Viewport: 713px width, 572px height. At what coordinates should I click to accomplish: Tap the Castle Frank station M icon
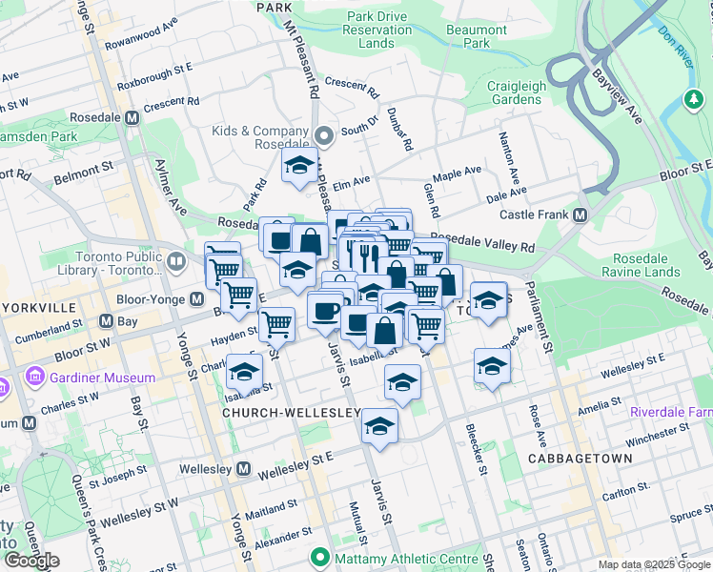pos(581,216)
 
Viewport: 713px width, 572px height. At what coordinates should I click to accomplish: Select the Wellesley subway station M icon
pos(243,469)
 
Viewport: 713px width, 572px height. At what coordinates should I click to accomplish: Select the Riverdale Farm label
pos(670,412)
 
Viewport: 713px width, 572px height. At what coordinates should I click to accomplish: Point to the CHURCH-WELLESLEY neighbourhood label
pos(291,413)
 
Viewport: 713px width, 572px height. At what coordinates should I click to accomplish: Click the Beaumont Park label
pos(476,36)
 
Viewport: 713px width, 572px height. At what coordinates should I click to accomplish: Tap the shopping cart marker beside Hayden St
pos(276,325)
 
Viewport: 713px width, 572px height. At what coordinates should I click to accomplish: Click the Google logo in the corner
pos(31,560)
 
